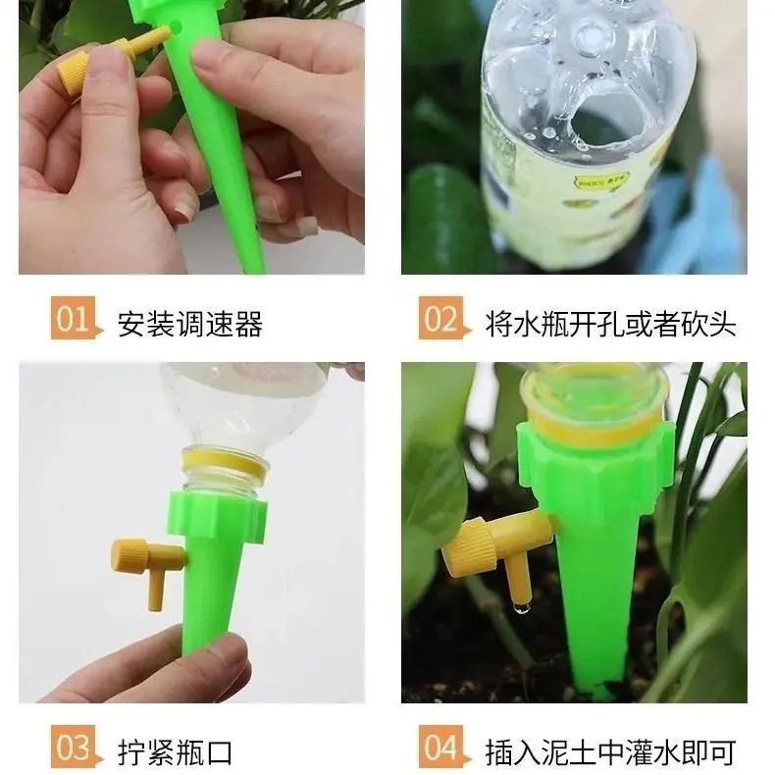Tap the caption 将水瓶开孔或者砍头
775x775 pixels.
(x=610, y=324)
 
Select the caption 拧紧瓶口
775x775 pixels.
(x=175, y=751)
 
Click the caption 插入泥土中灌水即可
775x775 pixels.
(x=610, y=751)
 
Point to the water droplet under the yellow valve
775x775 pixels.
(x=521, y=608)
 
